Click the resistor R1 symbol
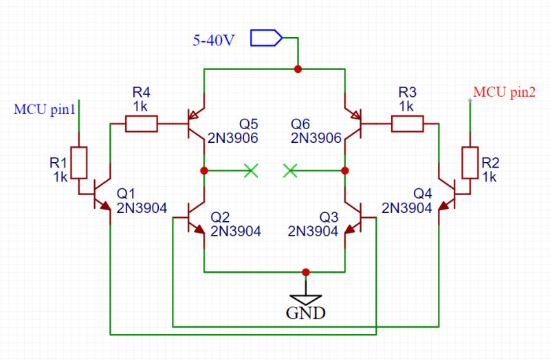[80, 162]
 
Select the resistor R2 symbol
[470, 162]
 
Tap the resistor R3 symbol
[407, 124]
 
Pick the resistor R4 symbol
[142, 124]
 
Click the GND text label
[306, 313]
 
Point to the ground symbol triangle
[306, 298]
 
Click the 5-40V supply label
[213, 39]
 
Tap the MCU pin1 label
[44, 109]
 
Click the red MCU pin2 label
[505, 92]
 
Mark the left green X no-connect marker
[251, 170]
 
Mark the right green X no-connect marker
[291, 170]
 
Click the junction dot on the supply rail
[298, 69]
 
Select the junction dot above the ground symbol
[306, 271]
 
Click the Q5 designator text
[249, 124]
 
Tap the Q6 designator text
[300, 124]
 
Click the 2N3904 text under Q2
[236, 232]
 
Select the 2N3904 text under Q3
[313, 232]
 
